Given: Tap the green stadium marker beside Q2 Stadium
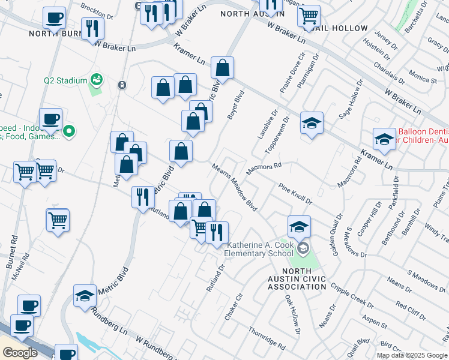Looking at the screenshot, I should click(x=95, y=79).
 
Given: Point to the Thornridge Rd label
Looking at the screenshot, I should click(x=266, y=337).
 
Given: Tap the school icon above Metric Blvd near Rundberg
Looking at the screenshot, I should click(x=85, y=295).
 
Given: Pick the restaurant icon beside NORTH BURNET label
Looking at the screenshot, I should click(x=92, y=29).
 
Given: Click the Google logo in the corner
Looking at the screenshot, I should click(x=20, y=353).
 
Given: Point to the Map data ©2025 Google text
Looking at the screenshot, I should click(x=412, y=355).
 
